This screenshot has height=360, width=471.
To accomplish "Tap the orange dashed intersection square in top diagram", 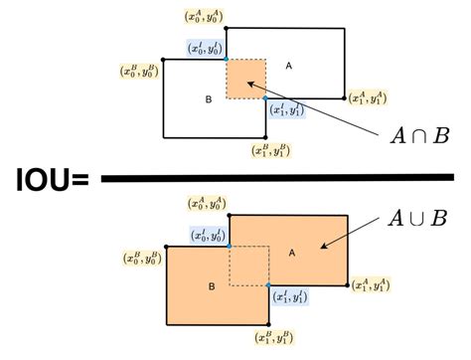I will click(x=246, y=79).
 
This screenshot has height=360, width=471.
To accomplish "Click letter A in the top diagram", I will click(x=290, y=66).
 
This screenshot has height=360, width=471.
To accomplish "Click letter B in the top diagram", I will click(x=209, y=100).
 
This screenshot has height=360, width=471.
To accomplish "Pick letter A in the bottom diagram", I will click(x=292, y=253).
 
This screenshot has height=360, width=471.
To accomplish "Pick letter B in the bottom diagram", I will click(x=211, y=286).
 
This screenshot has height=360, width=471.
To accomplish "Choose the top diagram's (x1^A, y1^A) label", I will click(x=369, y=97).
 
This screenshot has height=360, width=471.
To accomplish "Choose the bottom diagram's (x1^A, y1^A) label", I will click(x=371, y=284).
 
